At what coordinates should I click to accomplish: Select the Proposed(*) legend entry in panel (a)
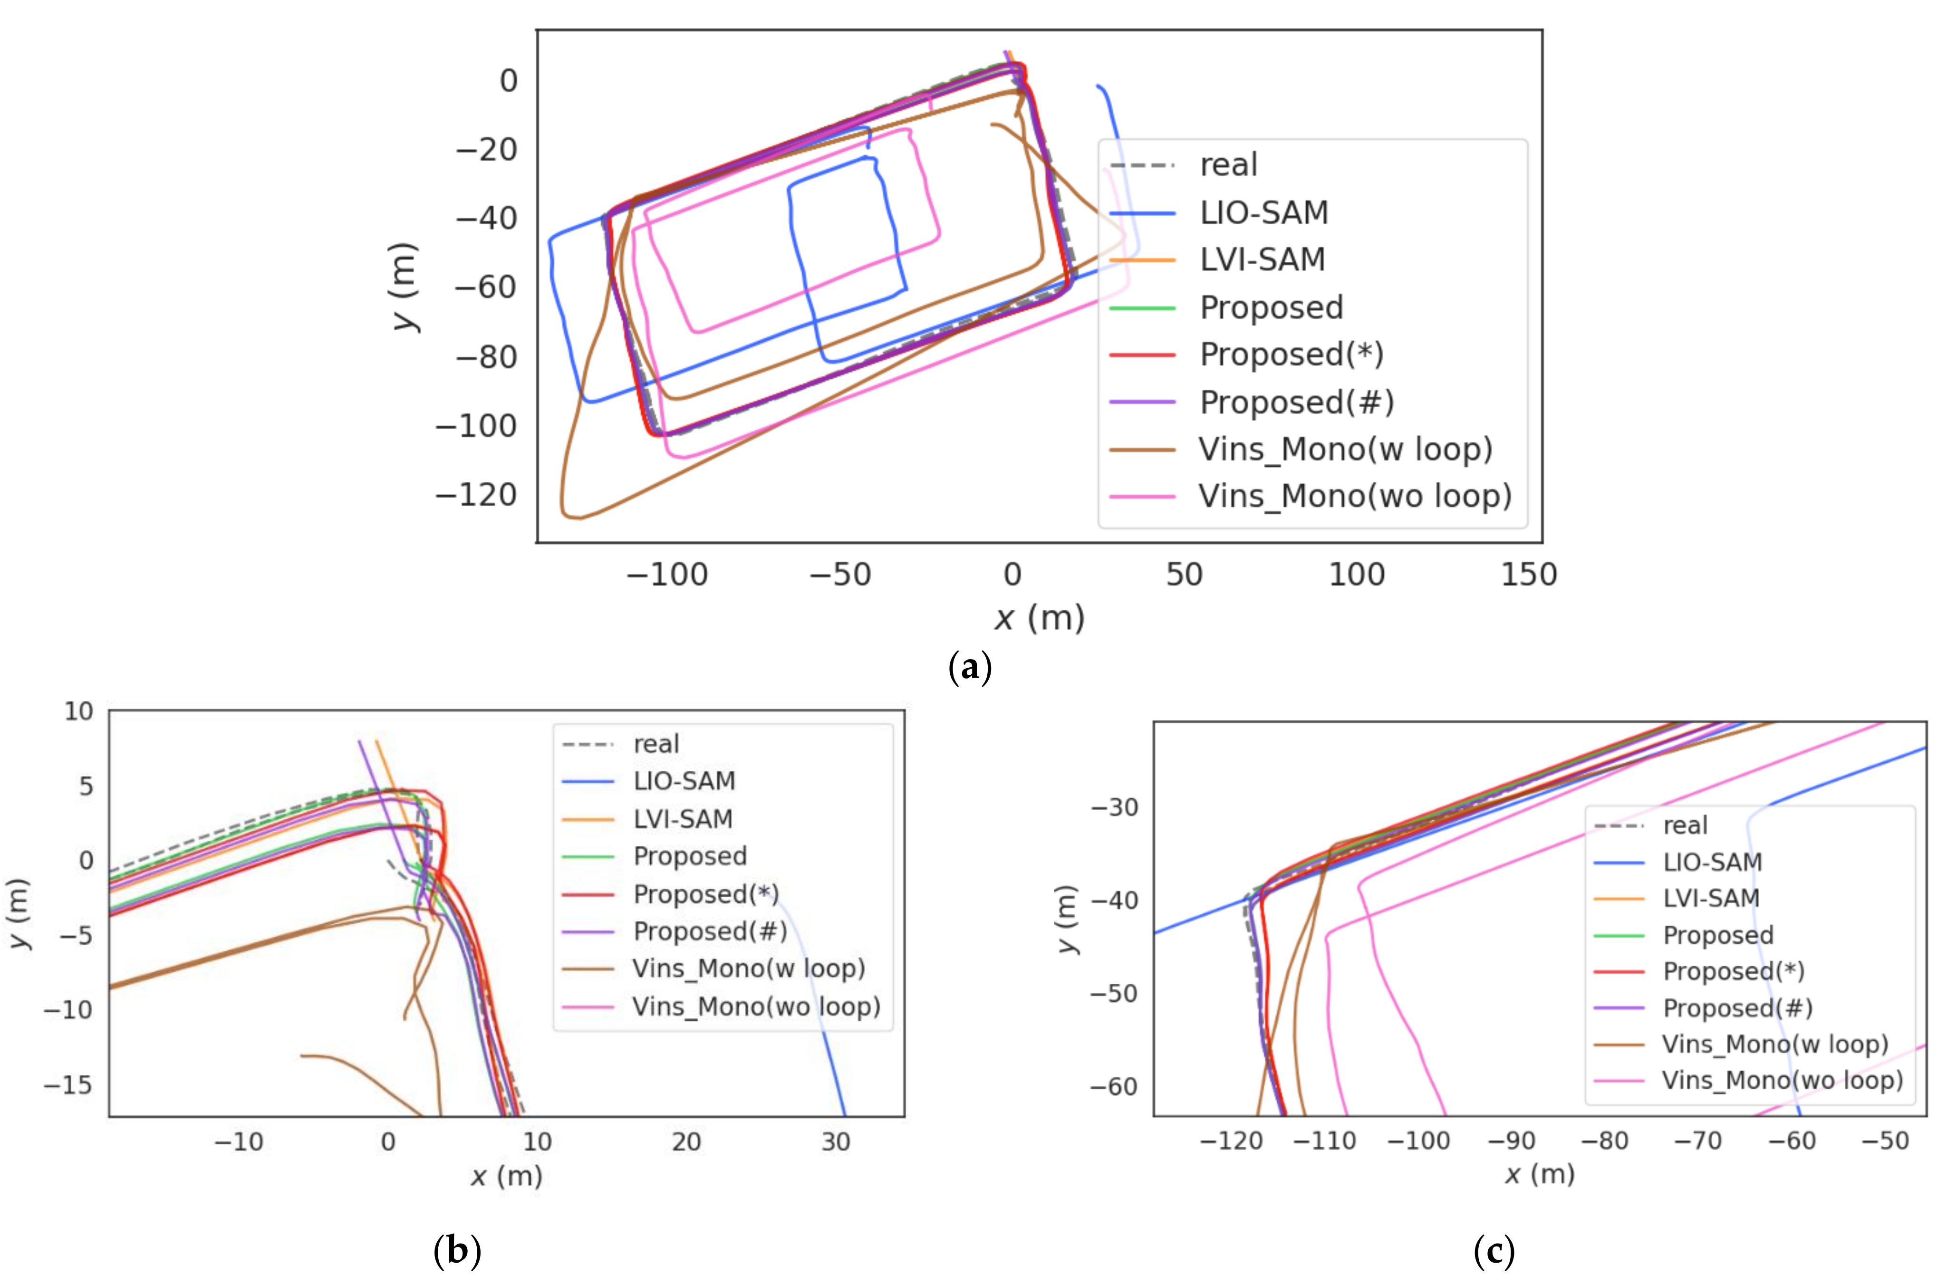click(x=1291, y=355)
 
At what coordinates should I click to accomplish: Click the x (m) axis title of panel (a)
click(x=1040, y=618)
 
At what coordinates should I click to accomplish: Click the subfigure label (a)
click(x=970, y=667)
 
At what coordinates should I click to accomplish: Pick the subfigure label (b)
click(x=457, y=1251)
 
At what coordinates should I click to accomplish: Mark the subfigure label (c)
click(x=1494, y=1251)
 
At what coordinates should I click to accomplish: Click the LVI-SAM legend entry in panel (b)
click(x=683, y=819)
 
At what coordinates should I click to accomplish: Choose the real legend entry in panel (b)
click(x=656, y=744)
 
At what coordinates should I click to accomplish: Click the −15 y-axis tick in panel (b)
click(x=68, y=1085)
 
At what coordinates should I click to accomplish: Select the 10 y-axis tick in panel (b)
click(x=79, y=711)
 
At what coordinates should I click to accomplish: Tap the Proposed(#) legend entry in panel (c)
click(x=1737, y=1008)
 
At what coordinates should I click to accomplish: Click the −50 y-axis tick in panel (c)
click(x=1114, y=993)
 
